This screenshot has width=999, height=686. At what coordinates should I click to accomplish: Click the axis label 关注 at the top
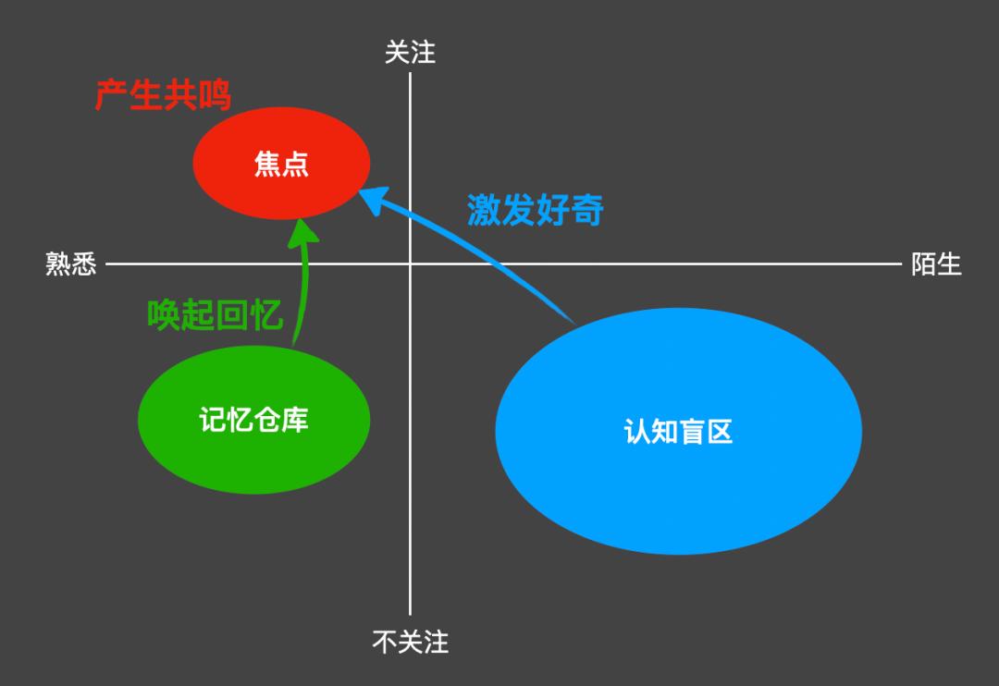coord(410,53)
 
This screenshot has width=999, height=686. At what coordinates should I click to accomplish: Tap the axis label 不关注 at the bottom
coord(410,642)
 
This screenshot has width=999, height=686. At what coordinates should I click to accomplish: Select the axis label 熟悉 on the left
coord(70,264)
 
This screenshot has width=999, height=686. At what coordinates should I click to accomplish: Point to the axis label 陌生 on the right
coord(936,264)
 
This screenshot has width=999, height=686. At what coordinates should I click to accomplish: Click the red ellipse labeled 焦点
coord(281,164)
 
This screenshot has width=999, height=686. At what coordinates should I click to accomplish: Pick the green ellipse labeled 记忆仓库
coord(253,420)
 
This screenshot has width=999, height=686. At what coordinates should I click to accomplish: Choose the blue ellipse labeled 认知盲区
coord(678,431)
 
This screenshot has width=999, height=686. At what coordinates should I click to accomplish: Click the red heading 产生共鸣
coord(163,96)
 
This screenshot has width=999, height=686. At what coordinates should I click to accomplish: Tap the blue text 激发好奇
coord(535,210)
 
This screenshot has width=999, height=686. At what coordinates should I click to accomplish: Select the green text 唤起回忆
coord(216,315)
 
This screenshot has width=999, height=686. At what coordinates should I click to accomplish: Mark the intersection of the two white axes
coord(410,264)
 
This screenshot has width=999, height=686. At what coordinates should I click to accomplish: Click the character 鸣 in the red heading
coord(215,96)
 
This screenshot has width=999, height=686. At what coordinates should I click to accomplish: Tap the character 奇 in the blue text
coord(587,210)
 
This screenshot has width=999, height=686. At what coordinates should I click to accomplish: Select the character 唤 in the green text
coord(165,315)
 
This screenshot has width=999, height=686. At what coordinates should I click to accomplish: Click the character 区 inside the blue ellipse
coord(719,431)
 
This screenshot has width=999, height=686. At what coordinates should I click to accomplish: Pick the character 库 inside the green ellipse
coord(295,420)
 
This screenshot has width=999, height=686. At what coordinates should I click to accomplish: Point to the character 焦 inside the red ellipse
coord(267,164)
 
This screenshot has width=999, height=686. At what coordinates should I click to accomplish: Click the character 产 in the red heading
coord(111,96)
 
